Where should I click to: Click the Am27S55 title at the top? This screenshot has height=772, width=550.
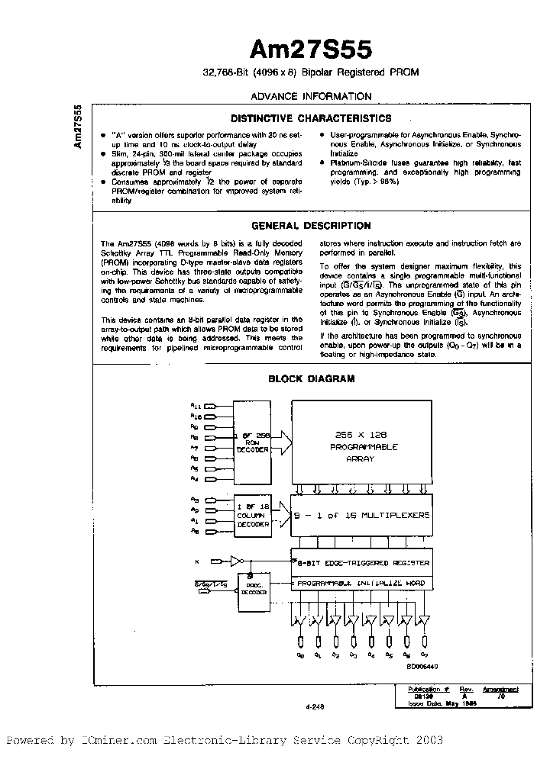click(x=311, y=50)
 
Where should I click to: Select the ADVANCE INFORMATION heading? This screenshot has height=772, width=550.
click(x=311, y=96)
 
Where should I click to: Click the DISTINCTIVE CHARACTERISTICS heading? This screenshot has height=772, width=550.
click(x=311, y=119)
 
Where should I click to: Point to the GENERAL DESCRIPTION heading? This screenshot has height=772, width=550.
click(x=311, y=226)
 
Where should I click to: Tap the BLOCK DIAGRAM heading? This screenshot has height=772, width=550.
click(x=311, y=378)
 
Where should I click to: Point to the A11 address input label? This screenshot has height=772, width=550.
click(x=196, y=407)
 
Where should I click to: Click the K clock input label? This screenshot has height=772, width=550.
click(x=196, y=562)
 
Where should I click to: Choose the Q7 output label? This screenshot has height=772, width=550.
click(x=425, y=655)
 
